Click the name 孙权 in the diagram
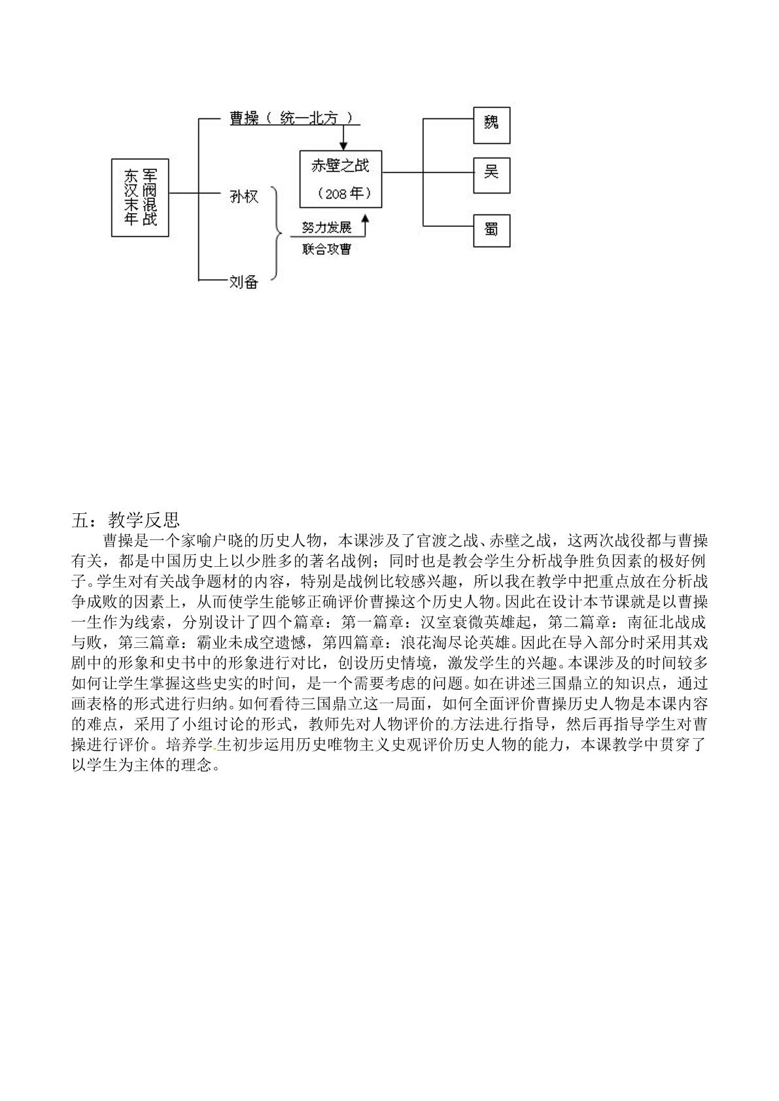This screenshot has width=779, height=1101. coord(244,197)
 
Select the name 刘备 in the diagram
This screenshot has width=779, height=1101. coord(244,282)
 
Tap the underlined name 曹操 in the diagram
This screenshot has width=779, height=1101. coord(244,118)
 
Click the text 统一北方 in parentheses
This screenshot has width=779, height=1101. coord(309,118)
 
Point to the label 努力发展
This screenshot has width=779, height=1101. coord(327,228)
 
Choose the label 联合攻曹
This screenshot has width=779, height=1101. coord(327,249)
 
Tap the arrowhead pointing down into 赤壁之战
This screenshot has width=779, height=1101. coord(344,146)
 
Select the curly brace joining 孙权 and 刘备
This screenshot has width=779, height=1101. coord(280,234)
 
